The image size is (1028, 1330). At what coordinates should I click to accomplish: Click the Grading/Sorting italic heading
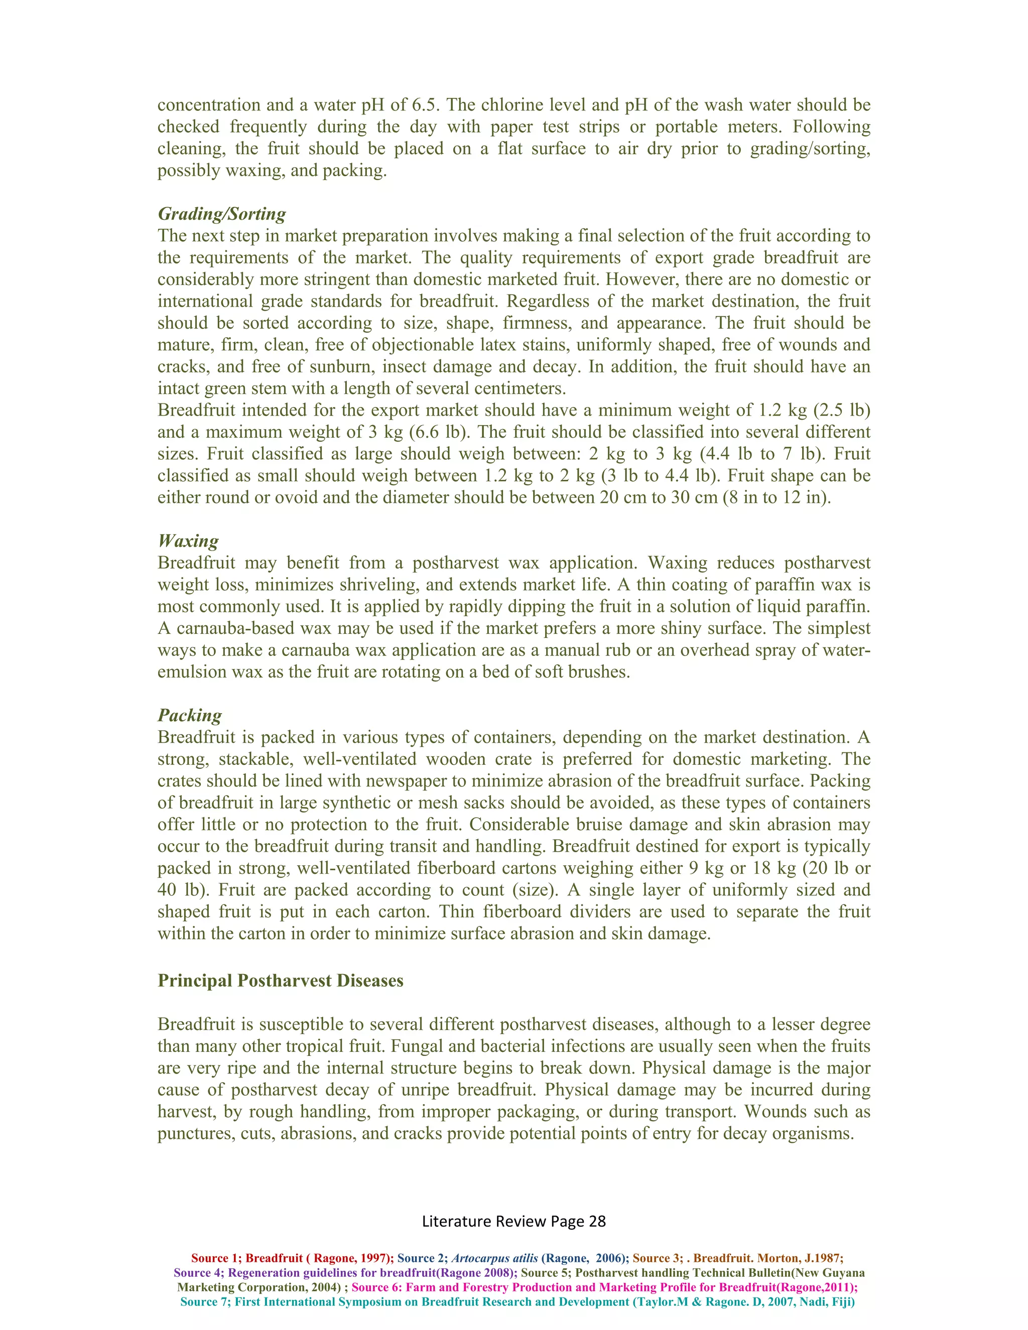coord(222,214)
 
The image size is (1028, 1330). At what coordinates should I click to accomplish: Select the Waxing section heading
coord(188,541)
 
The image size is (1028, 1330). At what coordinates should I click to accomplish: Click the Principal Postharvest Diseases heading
coord(280,981)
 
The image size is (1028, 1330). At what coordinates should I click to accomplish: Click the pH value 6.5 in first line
coord(426,105)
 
